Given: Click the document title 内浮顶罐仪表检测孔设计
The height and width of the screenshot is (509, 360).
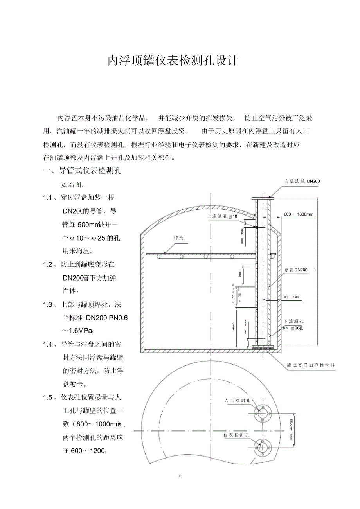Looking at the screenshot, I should pos(173,61).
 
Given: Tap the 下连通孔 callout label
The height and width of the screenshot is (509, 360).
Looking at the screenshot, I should pos(293,321).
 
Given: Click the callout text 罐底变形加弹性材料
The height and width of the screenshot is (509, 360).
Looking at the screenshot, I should pos(311,365).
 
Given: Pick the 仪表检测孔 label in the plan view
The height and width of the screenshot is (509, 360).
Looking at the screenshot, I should pos(236,435).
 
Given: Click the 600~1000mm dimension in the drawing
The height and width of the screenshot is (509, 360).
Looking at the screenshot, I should pos(299,214).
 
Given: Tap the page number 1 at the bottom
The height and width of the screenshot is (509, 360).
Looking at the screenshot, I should pos(180,477).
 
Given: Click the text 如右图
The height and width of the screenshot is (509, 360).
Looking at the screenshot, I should pos(73,184).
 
